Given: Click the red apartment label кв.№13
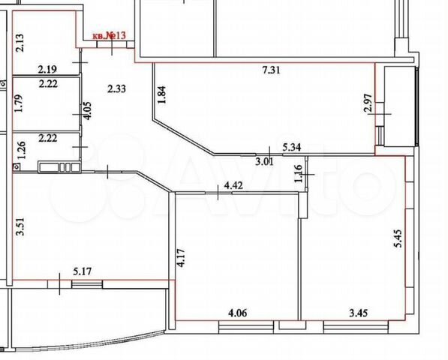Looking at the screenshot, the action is (110, 36).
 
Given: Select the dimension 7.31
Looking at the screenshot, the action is (271, 70).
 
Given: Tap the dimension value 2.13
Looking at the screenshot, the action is (20, 43).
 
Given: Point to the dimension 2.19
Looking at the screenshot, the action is (48, 69).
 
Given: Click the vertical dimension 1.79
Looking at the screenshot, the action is (20, 103).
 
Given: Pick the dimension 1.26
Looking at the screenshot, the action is (22, 150).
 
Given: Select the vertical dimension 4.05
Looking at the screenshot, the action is (87, 111).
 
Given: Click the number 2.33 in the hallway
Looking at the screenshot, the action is (116, 89).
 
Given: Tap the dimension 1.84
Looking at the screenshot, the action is (161, 95).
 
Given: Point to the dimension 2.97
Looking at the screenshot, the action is (369, 103).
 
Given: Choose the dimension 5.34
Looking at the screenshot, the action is (292, 147).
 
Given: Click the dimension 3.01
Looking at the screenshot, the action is (264, 162).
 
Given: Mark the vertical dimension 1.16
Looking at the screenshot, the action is (298, 173).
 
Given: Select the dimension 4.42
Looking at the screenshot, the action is (233, 185).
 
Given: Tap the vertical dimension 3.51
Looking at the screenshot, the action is (20, 226).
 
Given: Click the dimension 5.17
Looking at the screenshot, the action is (83, 271).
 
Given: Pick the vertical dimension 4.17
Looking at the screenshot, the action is (181, 258).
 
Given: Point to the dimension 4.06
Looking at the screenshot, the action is (237, 313).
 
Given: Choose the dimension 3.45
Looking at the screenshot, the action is (359, 313).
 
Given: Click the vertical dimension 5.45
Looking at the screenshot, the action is (398, 238).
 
